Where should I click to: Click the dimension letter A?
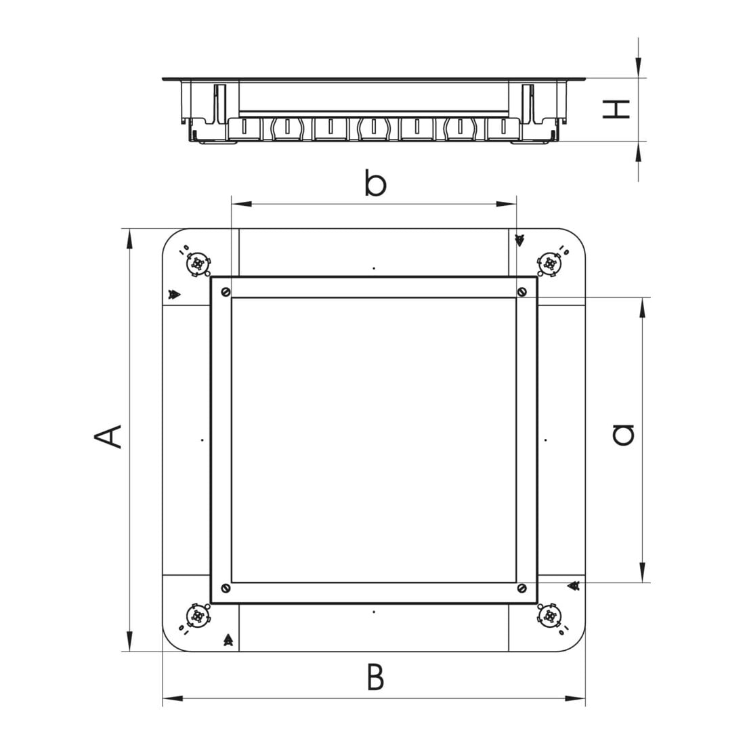click(108, 437)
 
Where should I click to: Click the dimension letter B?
click(375, 677)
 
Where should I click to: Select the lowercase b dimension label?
click(375, 182)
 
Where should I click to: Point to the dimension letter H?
click(616, 109)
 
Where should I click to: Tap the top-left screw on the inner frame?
click(226, 292)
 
